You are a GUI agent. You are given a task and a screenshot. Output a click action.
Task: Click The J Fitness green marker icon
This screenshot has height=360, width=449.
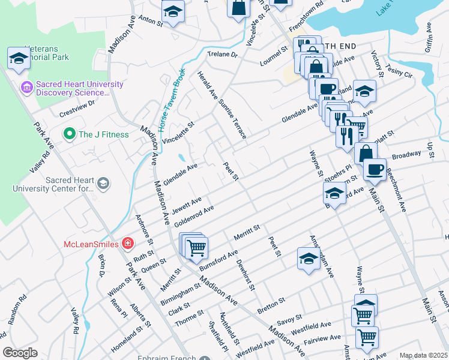(x=69, y=134)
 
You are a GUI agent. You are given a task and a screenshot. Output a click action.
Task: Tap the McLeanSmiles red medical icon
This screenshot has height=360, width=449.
(x=128, y=244)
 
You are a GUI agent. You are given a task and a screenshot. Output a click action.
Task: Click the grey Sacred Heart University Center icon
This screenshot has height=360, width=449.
(x=103, y=183)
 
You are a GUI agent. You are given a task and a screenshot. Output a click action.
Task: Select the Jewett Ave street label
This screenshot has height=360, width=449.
(x=187, y=205)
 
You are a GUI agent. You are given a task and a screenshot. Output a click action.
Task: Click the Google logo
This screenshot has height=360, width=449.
(x=20, y=353)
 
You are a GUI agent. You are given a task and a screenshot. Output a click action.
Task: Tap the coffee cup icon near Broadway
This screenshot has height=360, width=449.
(x=375, y=169)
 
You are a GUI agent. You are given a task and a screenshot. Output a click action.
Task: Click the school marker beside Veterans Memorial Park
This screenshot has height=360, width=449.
(x=19, y=58)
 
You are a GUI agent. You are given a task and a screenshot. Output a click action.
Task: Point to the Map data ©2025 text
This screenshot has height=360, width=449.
(x=423, y=355)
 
